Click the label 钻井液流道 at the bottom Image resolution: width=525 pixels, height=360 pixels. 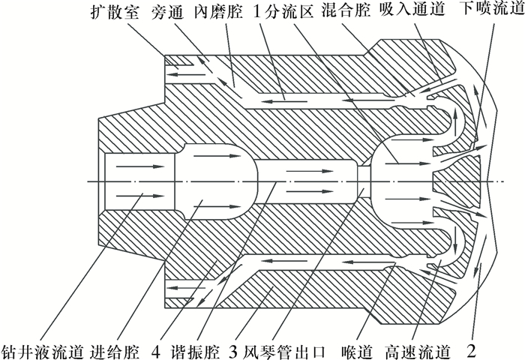(x=43, y=349)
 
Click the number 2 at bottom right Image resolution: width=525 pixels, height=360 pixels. (x=471, y=349)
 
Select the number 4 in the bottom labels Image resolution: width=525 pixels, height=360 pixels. (x=155, y=349)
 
